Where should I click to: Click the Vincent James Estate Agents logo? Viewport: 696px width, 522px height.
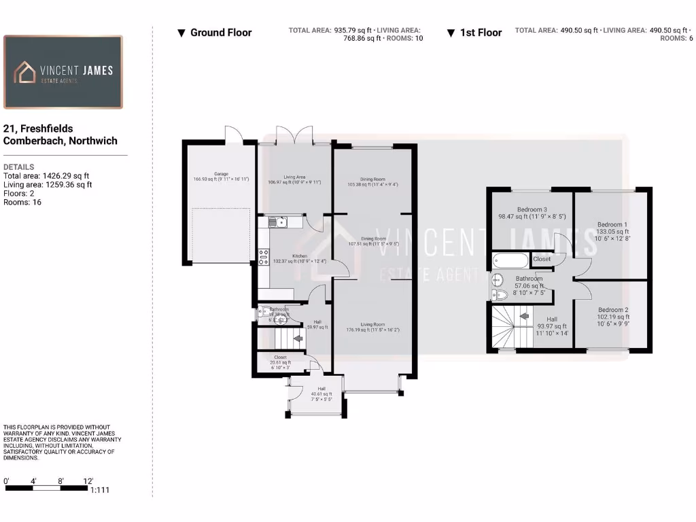click(x=63, y=72)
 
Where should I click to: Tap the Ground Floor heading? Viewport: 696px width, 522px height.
click(x=220, y=33)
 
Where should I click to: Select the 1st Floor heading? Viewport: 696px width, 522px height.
click(x=481, y=33)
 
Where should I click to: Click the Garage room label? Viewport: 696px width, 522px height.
click(x=221, y=174)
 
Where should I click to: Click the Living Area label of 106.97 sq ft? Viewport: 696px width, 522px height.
click(x=294, y=177)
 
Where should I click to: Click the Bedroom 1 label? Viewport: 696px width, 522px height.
click(x=612, y=224)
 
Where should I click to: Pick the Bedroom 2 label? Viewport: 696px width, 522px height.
click(x=612, y=310)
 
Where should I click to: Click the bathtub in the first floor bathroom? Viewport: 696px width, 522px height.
click(x=510, y=260)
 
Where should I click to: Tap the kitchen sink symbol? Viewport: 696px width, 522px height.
click(x=278, y=222)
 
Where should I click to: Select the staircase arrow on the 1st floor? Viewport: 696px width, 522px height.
click(x=524, y=315)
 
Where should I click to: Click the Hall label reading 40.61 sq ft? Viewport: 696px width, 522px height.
click(x=321, y=389)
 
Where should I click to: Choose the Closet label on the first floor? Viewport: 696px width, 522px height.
click(x=542, y=259)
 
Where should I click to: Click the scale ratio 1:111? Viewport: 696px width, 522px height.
click(x=99, y=490)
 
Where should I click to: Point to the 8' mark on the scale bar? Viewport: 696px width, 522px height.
click(x=61, y=481)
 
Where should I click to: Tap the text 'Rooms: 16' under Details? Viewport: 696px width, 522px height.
click(x=22, y=202)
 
